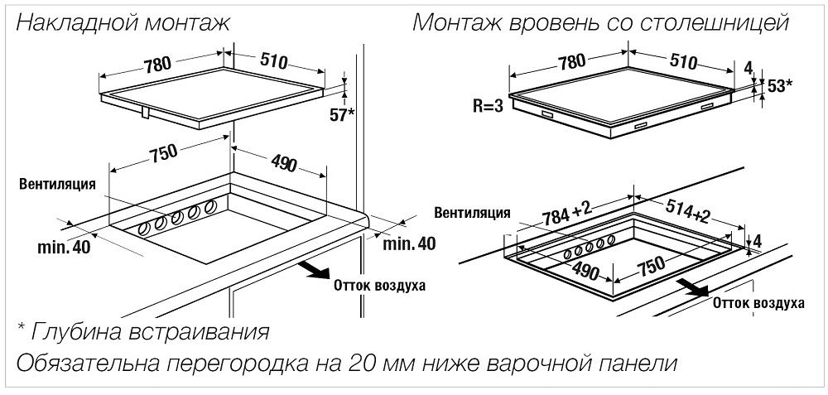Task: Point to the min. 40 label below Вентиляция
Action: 62,246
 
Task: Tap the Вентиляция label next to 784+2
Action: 472,213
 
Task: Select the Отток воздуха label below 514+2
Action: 758,304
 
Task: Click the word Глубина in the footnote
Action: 78,333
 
